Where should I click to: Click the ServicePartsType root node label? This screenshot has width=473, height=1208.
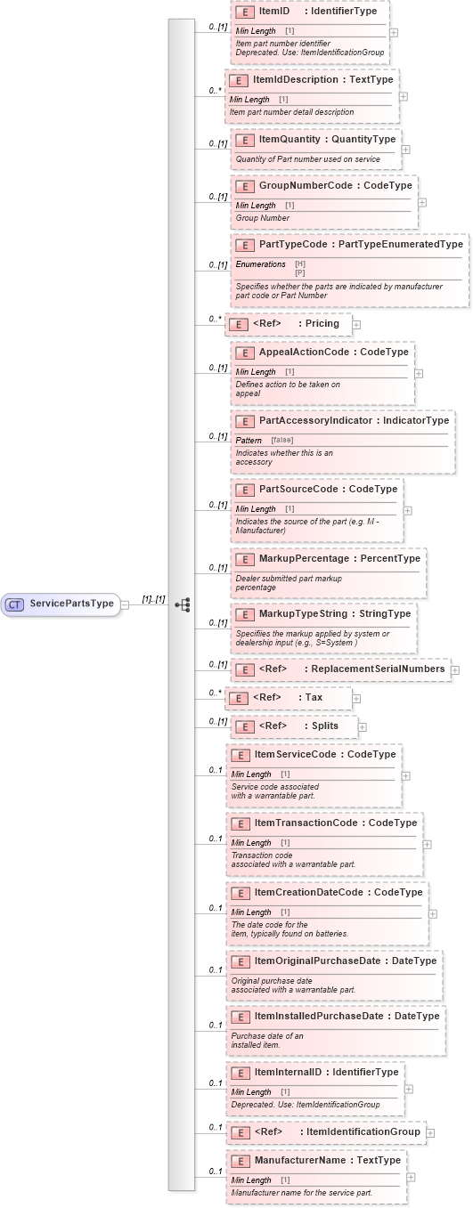pyautogui.click(x=71, y=604)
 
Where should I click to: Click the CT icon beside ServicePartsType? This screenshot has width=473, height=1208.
pyautogui.click(x=14, y=604)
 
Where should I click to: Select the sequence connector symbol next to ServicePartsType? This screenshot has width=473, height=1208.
pyautogui.click(x=183, y=604)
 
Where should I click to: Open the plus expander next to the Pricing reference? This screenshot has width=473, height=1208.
pyautogui.click(x=356, y=325)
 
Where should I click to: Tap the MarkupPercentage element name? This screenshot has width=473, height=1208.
pyautogui.click(x=304, y=558)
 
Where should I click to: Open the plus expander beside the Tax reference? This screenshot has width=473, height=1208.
pyautogui.click(x=356, y=699)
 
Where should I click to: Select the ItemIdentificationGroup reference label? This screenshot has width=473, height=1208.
pyautogui.click(x=360, y=1131)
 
